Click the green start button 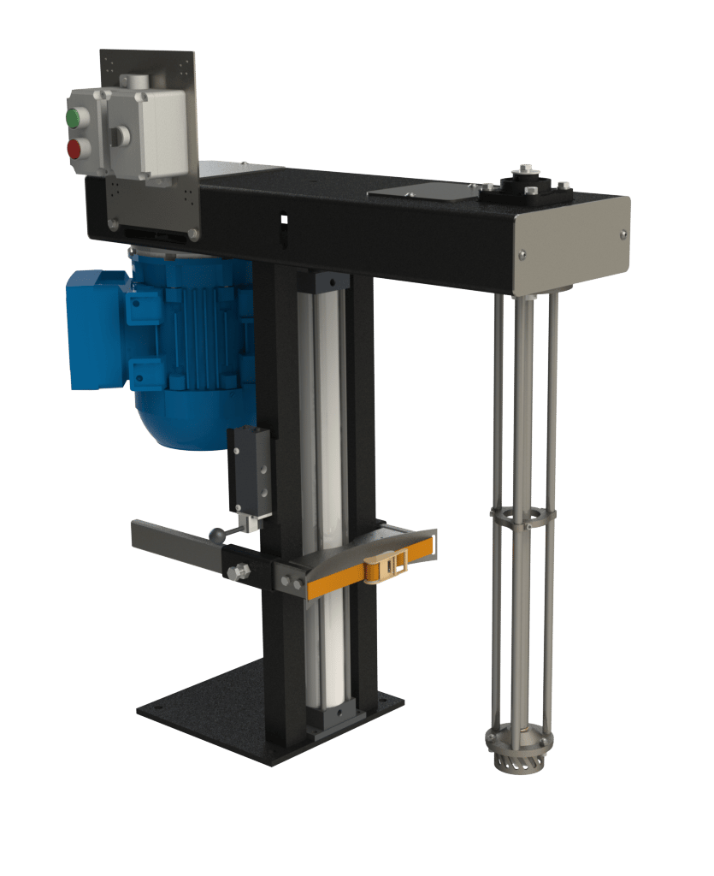[74, 116]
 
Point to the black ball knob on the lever [215, 536]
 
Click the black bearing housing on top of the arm [522, 189]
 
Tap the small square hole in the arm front [285, 220]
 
